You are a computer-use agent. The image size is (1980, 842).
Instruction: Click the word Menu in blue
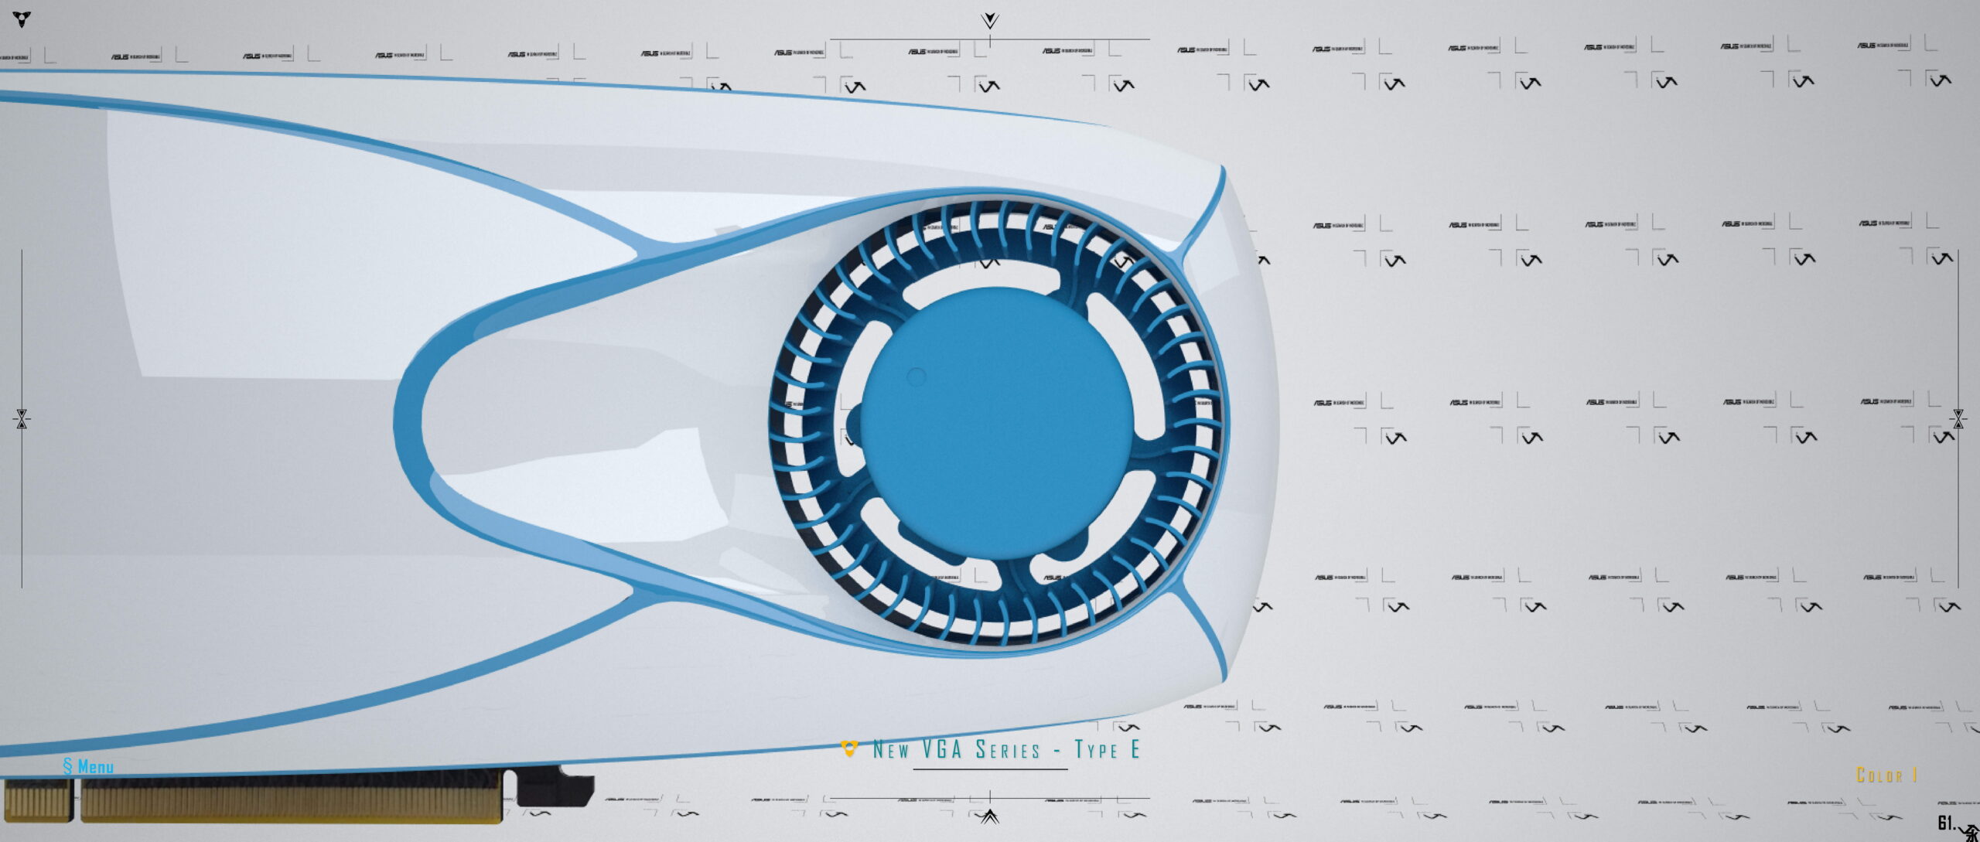(96, 767)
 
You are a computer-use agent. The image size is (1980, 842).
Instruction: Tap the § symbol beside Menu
(68, 766)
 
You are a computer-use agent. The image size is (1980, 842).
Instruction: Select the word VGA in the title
(942, 749)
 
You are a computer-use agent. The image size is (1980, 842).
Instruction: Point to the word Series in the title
(1008, 749)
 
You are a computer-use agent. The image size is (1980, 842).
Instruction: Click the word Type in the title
(1096, 749)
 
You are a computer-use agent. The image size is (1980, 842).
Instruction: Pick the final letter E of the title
(1135, 749)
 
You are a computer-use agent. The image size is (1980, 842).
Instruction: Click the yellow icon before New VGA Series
(849, 748)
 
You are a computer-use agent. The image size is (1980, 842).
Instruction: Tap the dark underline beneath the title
(990, 769)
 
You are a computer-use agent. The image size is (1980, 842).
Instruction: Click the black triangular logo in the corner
(22, 19)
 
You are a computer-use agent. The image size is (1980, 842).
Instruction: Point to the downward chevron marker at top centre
(990, 20)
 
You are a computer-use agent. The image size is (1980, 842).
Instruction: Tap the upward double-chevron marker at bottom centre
(990, 816)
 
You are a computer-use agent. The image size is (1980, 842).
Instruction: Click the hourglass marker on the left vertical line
(22, 419)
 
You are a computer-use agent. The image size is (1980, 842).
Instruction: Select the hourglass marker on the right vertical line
(1958, 419)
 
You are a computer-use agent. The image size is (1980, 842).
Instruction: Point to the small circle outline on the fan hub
(916, 377)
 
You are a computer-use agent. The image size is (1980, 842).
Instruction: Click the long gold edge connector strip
(291, 800)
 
